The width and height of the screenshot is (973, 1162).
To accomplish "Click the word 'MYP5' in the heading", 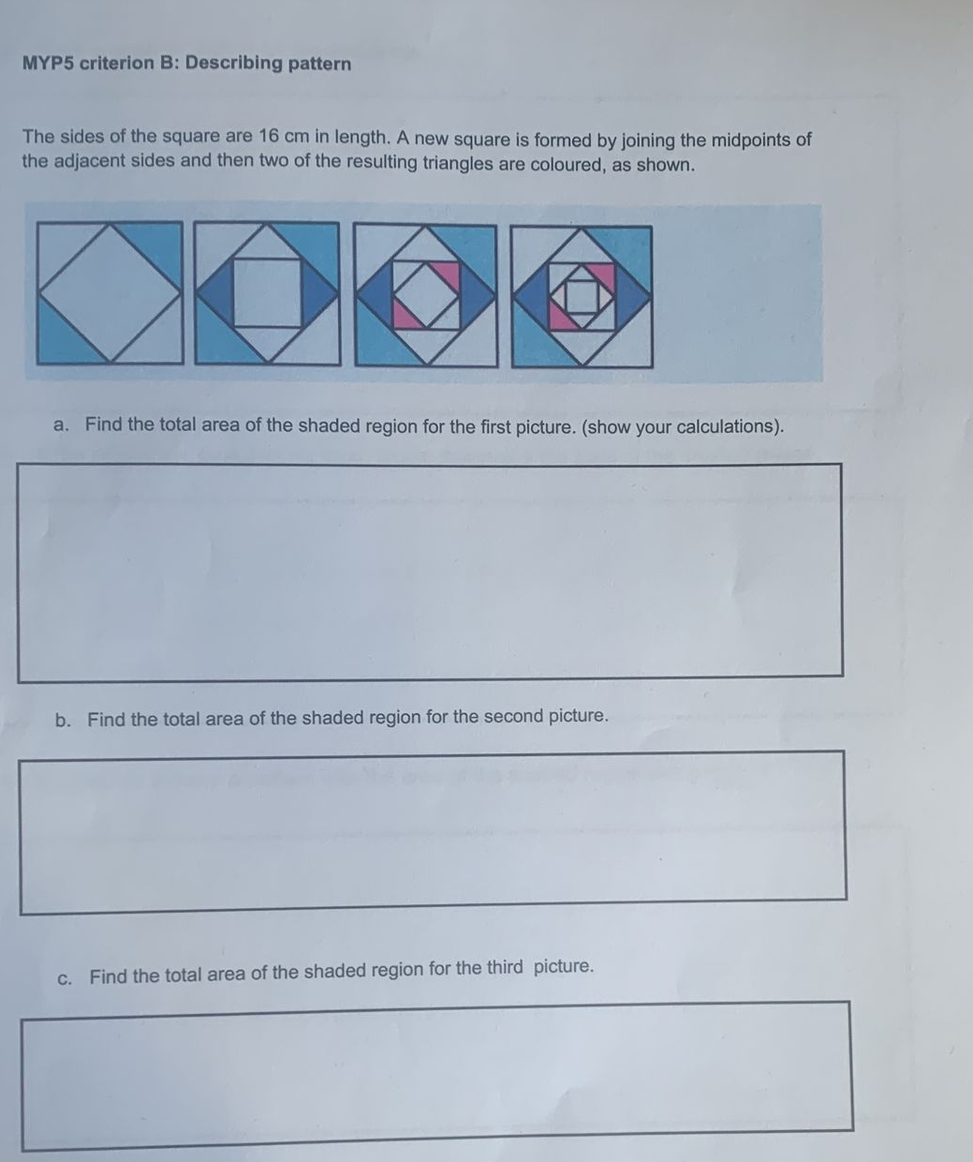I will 49,64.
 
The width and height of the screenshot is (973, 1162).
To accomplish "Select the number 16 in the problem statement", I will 271,137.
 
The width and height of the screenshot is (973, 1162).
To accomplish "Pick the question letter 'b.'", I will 64,720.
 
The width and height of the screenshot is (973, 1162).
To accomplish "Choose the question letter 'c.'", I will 65,977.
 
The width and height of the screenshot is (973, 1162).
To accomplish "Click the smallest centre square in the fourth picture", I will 582,297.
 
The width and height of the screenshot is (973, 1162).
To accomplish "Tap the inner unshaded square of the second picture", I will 268,293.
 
